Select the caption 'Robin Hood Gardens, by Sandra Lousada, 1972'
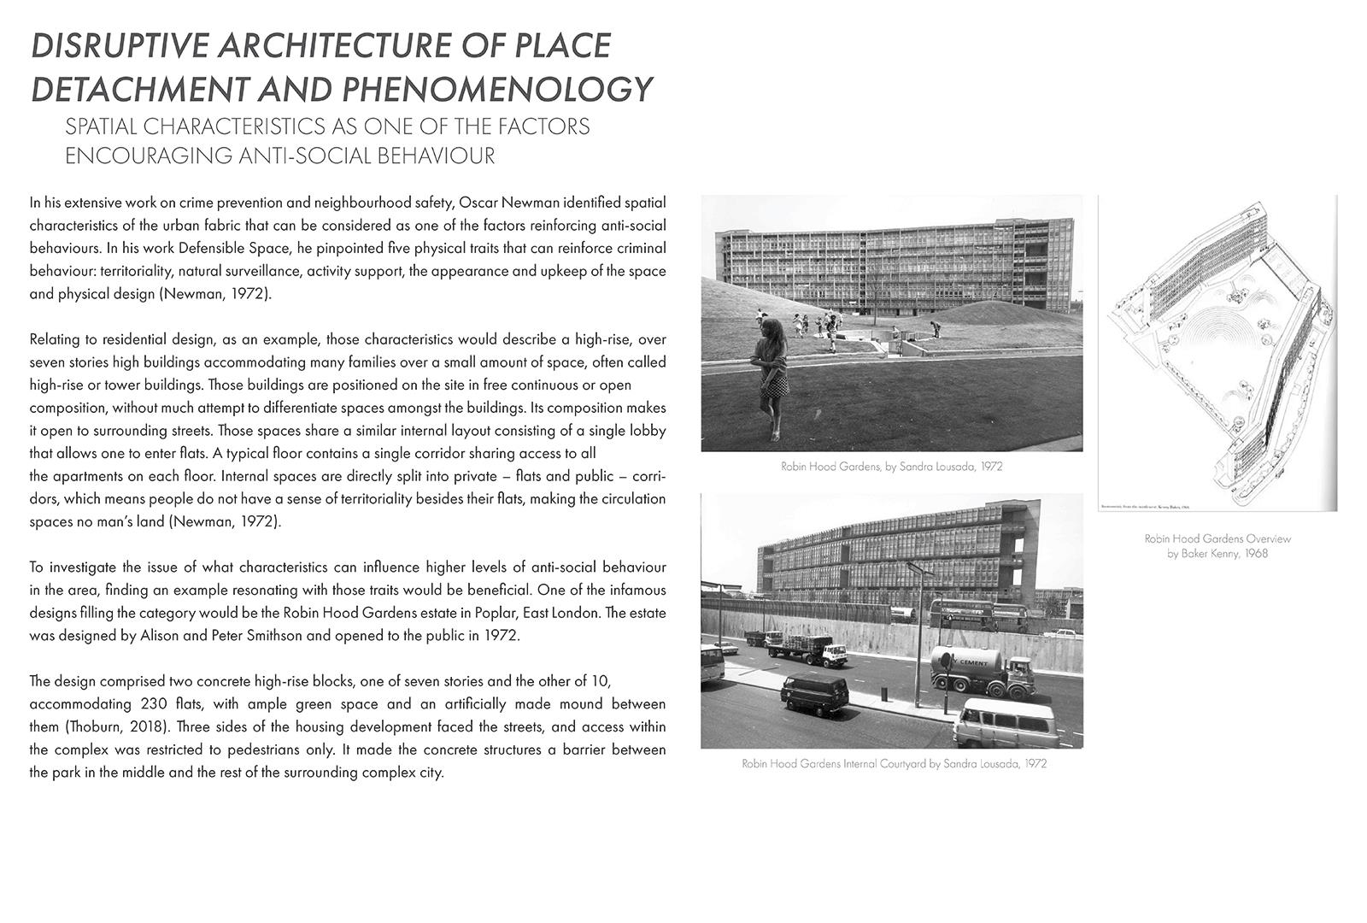891,467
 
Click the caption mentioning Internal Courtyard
894,763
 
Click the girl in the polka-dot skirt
772,376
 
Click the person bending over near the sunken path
936,328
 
